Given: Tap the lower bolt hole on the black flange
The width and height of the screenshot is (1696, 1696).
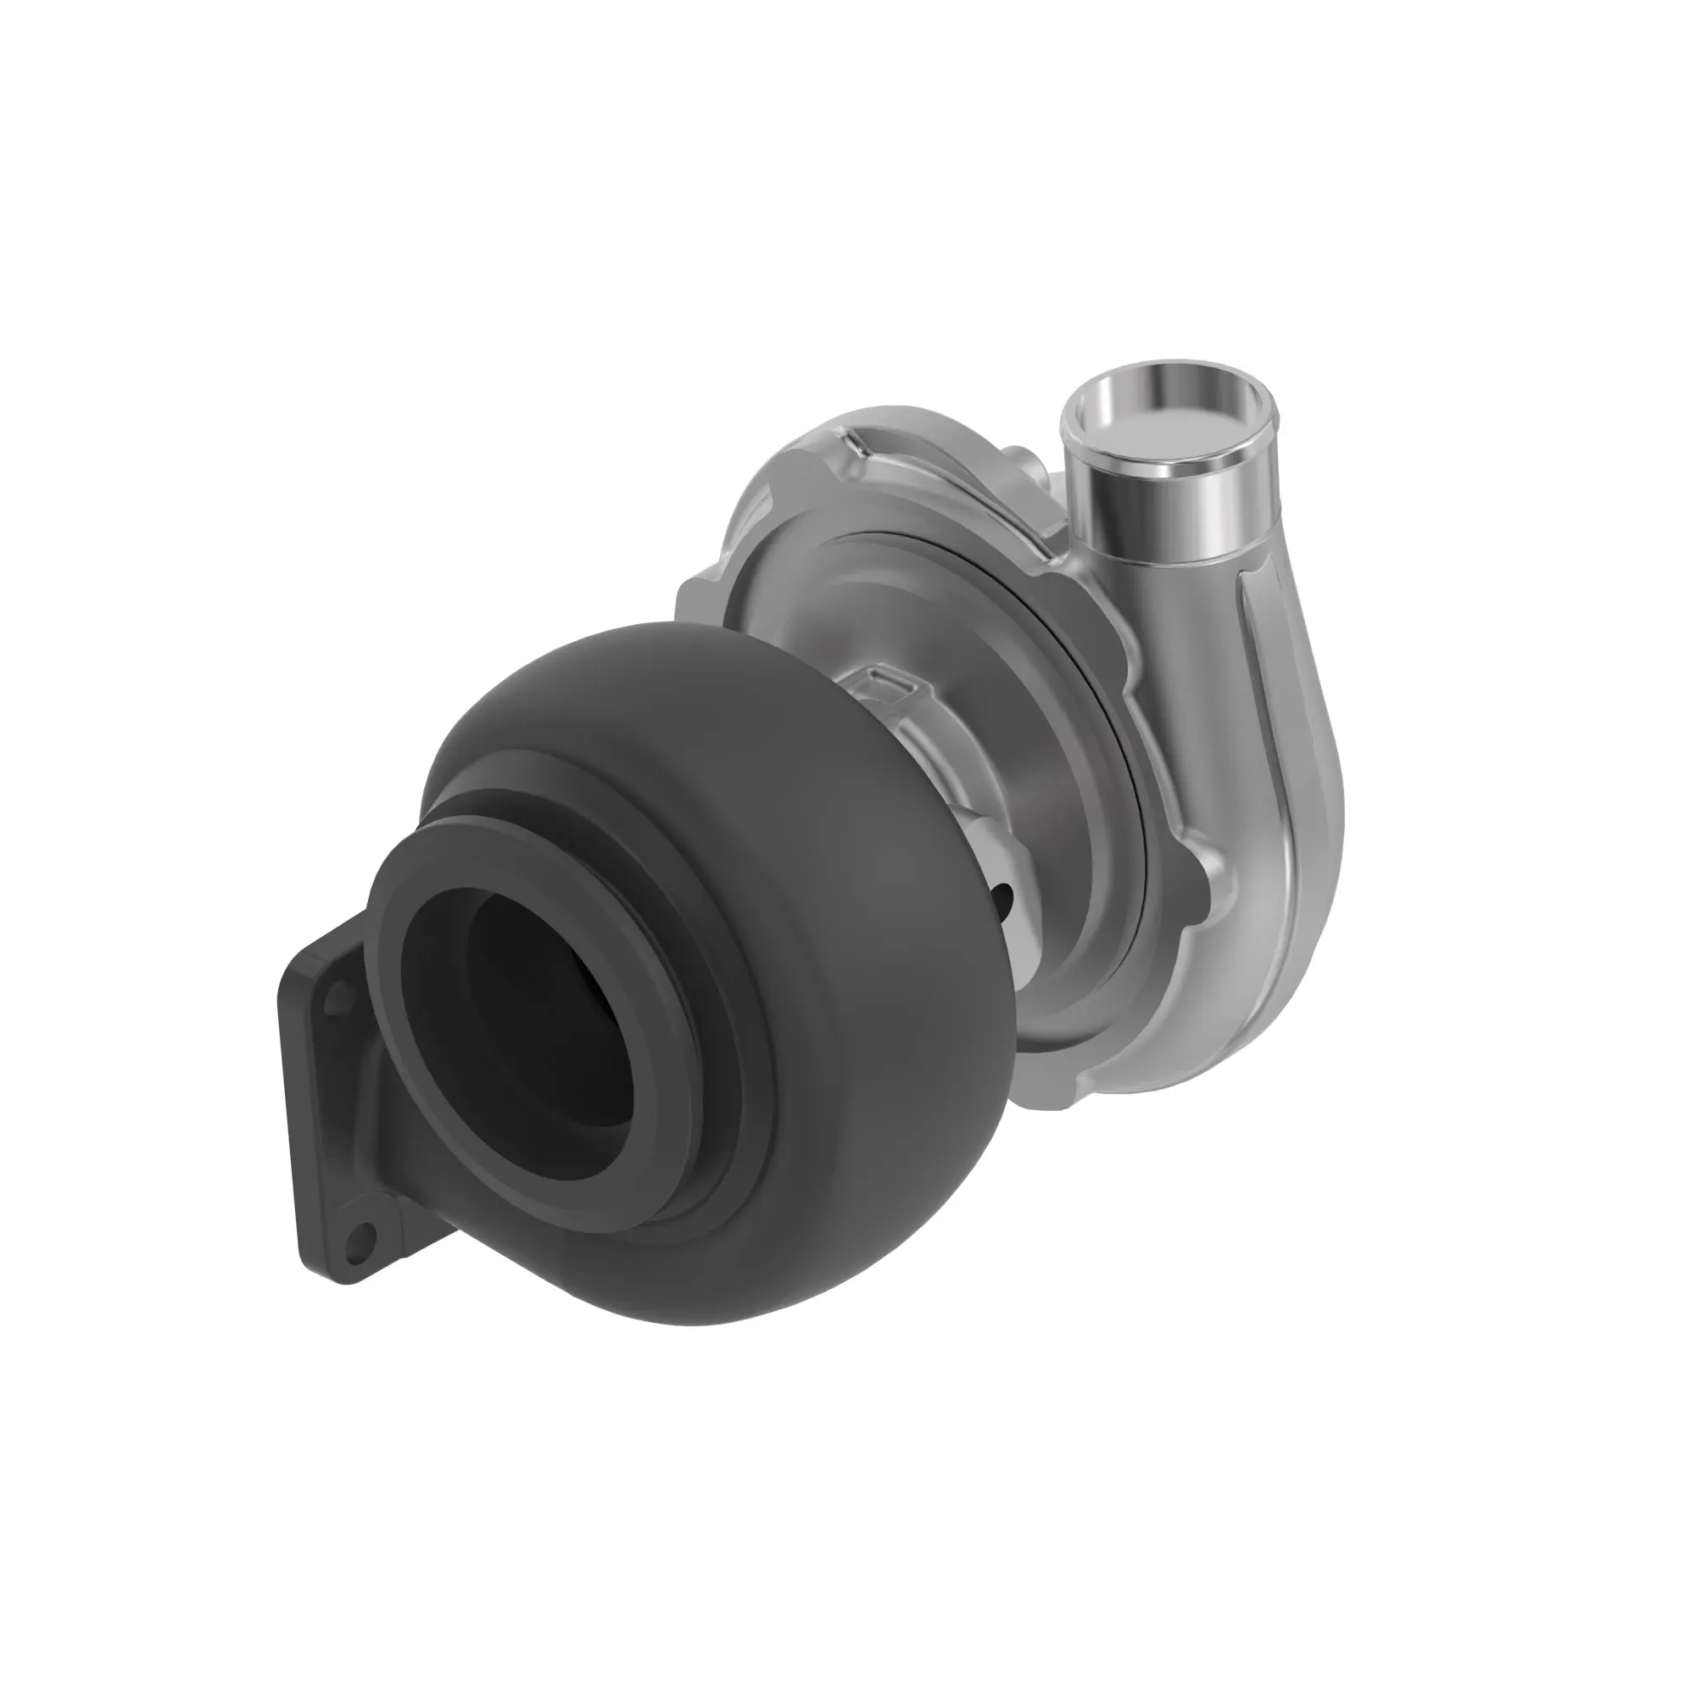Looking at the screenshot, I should (x=356, y=1239).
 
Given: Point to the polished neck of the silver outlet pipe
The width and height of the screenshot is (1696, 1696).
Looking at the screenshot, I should (x=1168, y=518).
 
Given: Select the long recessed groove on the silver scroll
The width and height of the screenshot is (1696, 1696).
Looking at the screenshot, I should (x=1264, y=702).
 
